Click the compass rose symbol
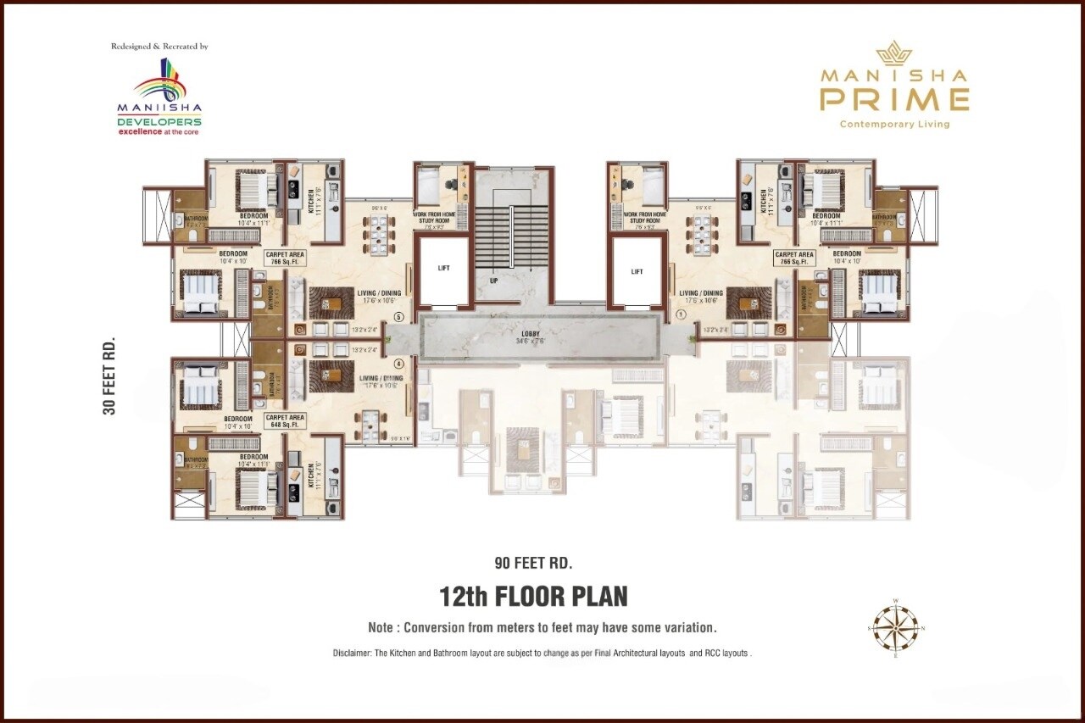point(897,628)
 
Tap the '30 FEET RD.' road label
point(109,376)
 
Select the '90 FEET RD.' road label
point(534,562)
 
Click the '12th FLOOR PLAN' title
point(533,597)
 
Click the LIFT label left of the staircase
point(443,268)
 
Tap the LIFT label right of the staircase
point(637,272)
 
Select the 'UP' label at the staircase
point(492,279)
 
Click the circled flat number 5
point(399,318)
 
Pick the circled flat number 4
point(399,364)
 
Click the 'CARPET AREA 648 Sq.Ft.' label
point(285,420)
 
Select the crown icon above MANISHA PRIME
point(893,55)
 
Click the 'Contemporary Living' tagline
point(894,125)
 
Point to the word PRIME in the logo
point(894,100)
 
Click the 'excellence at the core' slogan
point(159,132)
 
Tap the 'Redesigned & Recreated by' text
point(159,47)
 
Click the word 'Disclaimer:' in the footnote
point(354,653)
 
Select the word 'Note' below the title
point(381,628)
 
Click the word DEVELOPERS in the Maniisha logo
point(159,122)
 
